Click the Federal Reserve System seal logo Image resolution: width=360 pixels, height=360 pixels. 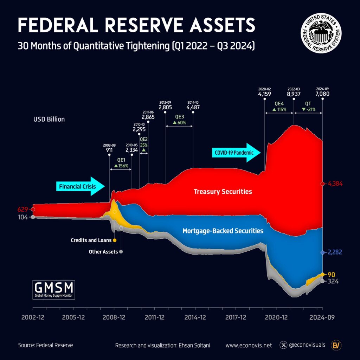321,34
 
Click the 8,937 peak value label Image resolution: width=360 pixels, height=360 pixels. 294,94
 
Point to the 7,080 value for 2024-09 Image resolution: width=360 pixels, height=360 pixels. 323,94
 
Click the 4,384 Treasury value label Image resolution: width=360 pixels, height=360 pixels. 335,184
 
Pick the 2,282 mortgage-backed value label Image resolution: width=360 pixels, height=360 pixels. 335,252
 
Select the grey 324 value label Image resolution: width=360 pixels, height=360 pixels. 333,281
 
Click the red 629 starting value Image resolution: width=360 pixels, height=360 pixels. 23,210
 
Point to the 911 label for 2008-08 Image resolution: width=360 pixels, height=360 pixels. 109,149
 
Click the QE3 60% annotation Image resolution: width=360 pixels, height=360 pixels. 179,120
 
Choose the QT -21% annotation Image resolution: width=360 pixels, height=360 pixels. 308,107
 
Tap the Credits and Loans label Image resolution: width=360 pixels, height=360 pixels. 91,240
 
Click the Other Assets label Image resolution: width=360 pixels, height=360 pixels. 100,252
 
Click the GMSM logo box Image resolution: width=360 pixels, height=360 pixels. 53,289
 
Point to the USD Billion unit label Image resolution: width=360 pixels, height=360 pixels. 49,119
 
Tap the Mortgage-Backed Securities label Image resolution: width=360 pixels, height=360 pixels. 223,231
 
